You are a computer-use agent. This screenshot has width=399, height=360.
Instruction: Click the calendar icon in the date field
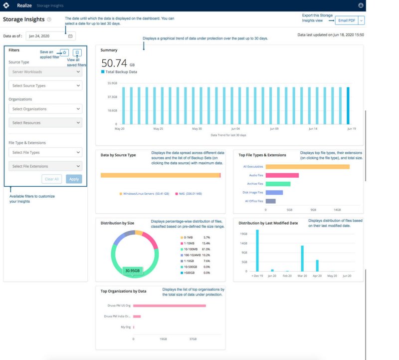pyautogui.click(x=70, y=36)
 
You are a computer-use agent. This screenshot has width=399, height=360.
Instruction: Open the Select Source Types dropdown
pyautogui.click(x=45, y=85)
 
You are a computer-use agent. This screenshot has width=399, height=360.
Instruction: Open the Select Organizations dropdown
pyautogui.click(x=45, y=109)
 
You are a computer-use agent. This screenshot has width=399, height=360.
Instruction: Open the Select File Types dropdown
pyautogui.click(x=45, y=152)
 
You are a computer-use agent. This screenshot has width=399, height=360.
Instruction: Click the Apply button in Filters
pyautogui.click(x=74, y=179)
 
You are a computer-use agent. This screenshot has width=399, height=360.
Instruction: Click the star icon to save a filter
pyautogui.click(x=64, y=52)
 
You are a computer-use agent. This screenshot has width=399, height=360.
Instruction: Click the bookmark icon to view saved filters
pyautogui.click(x=77, y=52)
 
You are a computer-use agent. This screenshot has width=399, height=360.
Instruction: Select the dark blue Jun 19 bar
pyautogui.click(x=348, y=105)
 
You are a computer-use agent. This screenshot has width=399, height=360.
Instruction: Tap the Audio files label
pyautogui.click(x=256, y=175)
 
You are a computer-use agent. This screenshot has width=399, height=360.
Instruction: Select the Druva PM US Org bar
pyautogui.click(x=169, y=305)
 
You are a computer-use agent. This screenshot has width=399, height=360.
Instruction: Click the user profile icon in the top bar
pyautogui.click(x=361, y=5)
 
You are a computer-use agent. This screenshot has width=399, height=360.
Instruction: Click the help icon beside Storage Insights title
pyautogui.click(x=49, y=19)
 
